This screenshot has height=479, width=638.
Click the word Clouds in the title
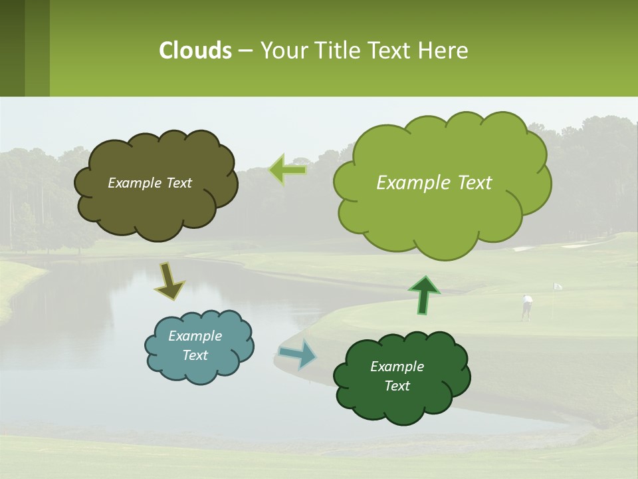(195, 51)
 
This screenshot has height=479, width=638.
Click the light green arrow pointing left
(287, 170)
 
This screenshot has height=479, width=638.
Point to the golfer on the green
(527, 307)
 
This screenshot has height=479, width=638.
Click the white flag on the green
(558, 286)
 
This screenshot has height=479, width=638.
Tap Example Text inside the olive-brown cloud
(150, 183)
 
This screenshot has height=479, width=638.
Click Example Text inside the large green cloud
(434, 183)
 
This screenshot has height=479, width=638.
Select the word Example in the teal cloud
(195, 336)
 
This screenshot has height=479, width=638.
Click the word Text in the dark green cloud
(397, 386)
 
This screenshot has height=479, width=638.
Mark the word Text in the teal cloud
(195, 355)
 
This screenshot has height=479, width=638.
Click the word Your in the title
(278, 51)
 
